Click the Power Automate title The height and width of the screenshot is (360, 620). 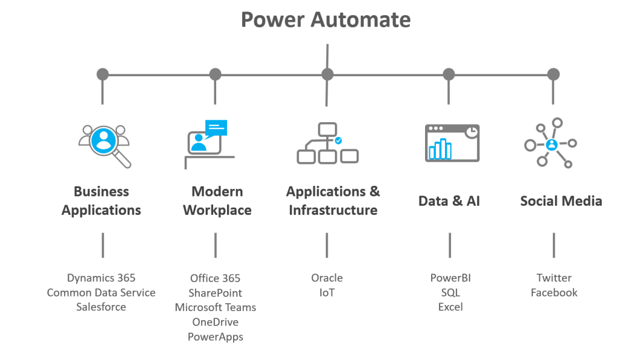pos(326,19)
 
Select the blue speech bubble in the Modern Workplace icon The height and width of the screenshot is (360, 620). pos(216,127)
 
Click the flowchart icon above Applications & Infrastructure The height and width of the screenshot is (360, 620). pos(327,143)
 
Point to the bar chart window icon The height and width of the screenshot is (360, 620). pos(452,143)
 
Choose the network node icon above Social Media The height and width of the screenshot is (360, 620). pos(550,144)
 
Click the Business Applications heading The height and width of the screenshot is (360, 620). pos(101,201)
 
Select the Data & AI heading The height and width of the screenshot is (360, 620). pos(449,201)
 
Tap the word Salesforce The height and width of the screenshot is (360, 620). pos(101,307)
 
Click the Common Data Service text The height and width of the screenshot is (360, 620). pos(101,292)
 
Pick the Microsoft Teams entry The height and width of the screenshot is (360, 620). pos(215,307)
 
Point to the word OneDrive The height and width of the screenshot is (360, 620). pos(215,322)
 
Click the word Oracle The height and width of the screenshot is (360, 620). pos(327,278)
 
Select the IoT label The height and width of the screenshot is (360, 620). pos(327,292)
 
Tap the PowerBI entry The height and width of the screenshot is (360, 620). pos(450,278)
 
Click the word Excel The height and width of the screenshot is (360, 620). pos(450,307)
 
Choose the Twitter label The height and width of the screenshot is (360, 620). pos(553,278)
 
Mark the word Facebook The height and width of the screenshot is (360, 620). pos(553,292)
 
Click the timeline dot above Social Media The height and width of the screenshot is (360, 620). pos(553,74)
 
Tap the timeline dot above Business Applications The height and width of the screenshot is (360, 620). pos(103,74)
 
